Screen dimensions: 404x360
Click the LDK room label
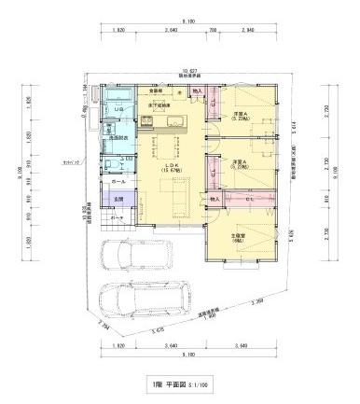pos(171,165)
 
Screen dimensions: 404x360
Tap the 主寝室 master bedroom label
pos(239,237)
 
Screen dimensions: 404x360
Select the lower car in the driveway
pos(149,298)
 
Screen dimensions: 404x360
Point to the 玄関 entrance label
pos(118,200)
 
